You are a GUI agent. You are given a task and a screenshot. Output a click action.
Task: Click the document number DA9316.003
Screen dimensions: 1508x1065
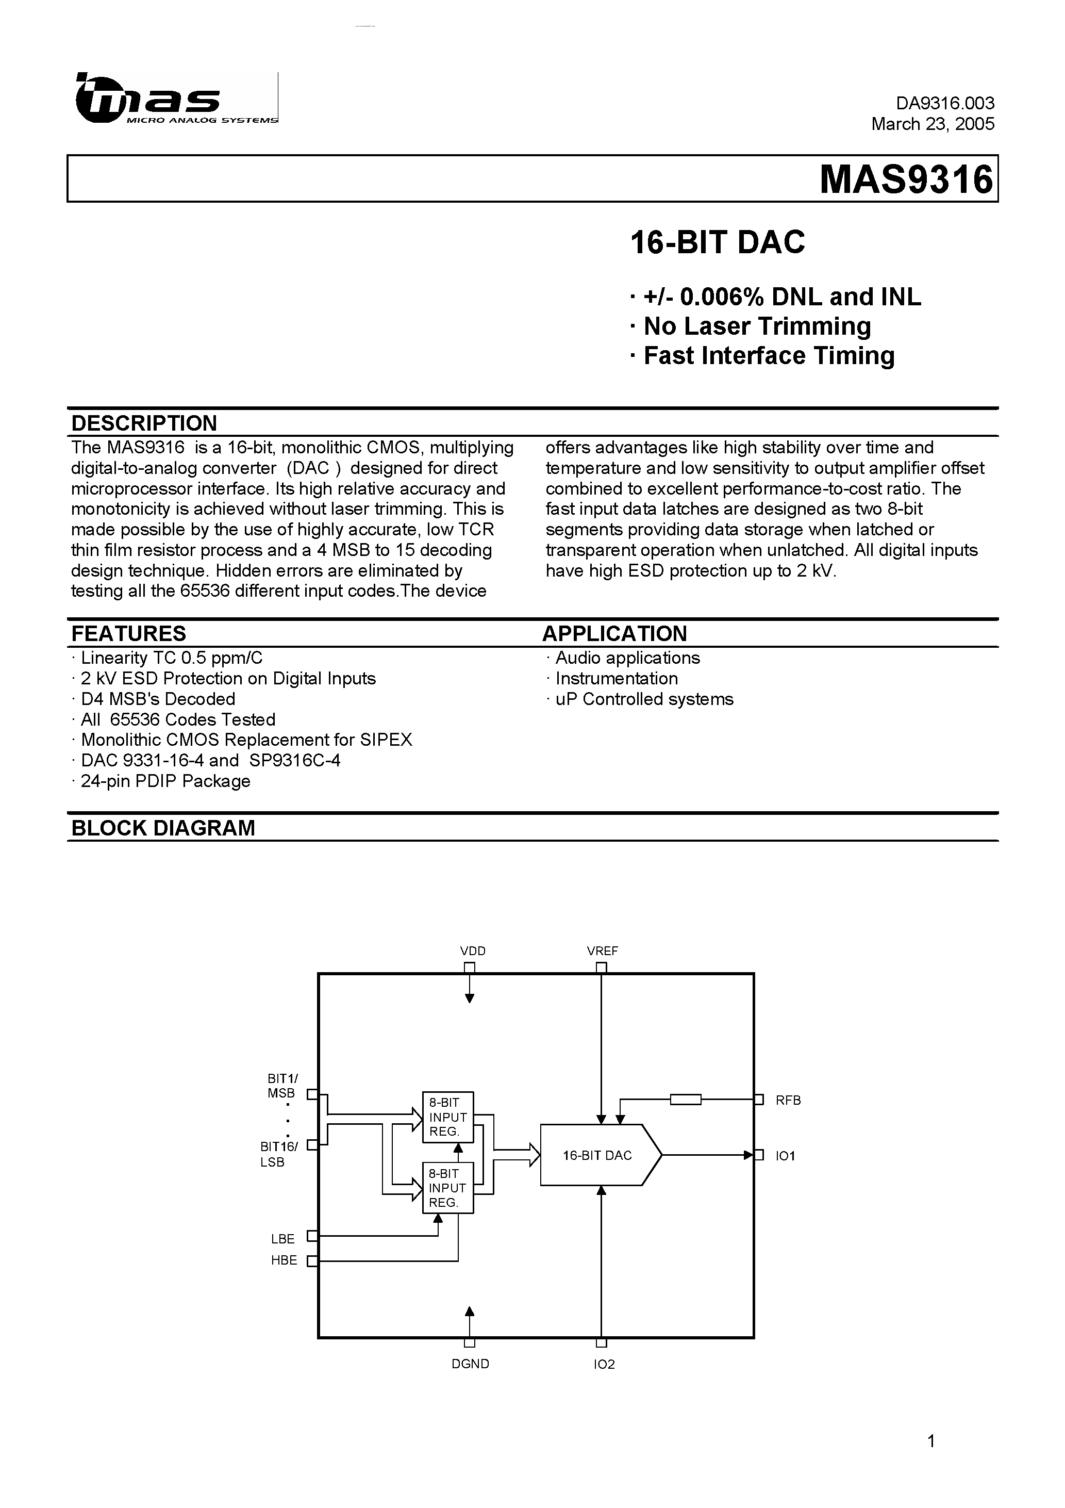[945, 103]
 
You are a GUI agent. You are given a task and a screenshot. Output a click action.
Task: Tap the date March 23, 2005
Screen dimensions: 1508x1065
[933, 124]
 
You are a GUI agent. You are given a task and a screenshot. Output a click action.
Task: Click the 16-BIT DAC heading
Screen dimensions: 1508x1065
[717, 242]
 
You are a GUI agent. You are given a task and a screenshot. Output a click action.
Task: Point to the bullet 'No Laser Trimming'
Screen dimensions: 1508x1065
[756, 326]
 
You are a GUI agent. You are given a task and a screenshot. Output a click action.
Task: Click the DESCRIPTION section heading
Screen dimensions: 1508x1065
[144, 423]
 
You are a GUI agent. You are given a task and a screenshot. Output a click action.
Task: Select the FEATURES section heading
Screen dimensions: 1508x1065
[129, 633]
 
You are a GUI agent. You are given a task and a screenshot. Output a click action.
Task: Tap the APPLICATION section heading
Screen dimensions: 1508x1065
[614, 633]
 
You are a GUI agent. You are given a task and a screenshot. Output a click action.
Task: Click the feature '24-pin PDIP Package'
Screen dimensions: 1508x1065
[165, 781]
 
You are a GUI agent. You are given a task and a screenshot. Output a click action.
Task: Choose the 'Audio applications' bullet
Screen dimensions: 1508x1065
[627, 658]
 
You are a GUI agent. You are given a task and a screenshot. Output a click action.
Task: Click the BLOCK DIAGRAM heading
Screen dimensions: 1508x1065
[163, 828]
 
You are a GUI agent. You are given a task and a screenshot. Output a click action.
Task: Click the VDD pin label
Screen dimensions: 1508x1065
[473, 951]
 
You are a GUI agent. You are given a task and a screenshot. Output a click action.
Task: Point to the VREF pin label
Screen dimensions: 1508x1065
[602, 951]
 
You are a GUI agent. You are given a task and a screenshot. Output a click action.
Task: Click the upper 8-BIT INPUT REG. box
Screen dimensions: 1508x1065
[448, 1117]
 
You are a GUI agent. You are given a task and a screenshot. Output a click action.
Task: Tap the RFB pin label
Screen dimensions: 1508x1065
[788, 1100]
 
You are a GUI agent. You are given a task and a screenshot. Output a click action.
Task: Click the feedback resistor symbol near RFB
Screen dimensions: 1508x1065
[686, 1100]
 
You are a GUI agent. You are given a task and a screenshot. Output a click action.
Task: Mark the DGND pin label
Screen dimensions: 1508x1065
[470, 1364]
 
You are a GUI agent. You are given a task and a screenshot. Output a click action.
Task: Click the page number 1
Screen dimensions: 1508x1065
[931, 1441]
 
